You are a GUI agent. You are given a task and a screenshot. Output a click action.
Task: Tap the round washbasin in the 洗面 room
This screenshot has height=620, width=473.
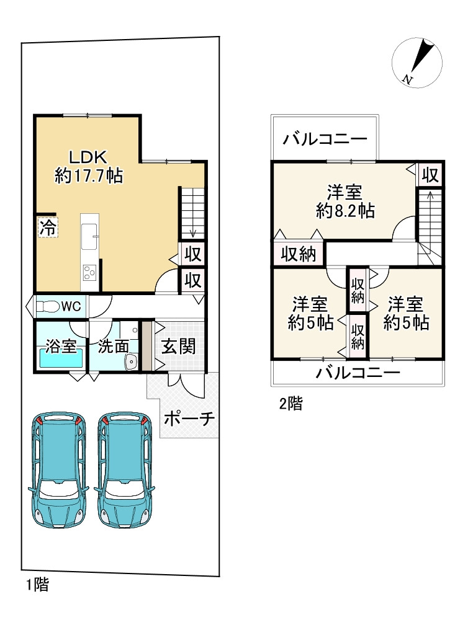(131, 363)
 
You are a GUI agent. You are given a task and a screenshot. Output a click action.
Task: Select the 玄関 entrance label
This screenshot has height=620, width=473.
(179, 345)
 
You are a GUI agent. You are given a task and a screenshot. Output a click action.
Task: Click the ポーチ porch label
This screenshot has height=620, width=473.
(189, 419)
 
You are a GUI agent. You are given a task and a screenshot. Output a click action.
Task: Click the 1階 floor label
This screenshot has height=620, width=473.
(37, 583)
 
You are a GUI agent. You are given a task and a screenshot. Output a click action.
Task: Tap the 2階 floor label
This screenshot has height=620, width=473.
(291, 404)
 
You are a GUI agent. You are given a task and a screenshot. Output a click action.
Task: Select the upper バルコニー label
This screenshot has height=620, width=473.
(325, 138)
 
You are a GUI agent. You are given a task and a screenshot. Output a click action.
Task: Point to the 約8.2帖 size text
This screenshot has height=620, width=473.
(345, 211)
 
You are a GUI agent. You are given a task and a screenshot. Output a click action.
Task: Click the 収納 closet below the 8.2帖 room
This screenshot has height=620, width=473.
(299, 254)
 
